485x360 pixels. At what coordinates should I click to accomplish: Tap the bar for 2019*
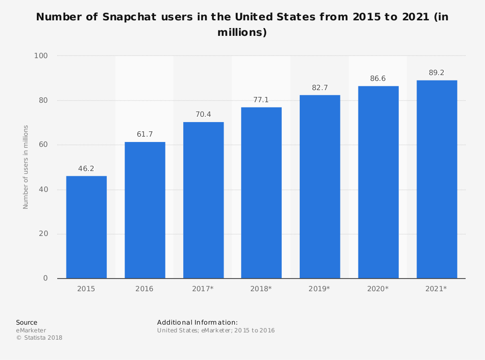coord(320,187)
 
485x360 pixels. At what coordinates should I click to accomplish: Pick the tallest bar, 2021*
coord(436,179)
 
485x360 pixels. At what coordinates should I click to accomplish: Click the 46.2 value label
coord(86,169)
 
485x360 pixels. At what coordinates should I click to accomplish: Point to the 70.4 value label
coord(203,115)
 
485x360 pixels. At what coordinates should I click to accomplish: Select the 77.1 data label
coord(261,100)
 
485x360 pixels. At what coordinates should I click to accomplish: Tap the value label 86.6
coord(378,78)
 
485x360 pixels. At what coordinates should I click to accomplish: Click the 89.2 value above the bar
coord(436,73)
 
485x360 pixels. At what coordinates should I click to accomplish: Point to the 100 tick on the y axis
coord(41,56)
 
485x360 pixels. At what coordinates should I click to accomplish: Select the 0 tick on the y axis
coord(46,278)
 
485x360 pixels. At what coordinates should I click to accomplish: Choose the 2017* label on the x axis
coord(203,289)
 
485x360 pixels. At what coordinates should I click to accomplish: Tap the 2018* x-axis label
coord(261,289)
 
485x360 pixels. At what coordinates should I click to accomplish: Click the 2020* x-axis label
coord(378,289)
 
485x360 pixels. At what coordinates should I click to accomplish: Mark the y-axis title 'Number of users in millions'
coord(26,167)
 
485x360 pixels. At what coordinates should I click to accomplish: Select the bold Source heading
coord(27,322)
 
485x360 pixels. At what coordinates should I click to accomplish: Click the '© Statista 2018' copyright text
coord(39,338)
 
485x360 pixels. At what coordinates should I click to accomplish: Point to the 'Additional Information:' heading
coord(197,322)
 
